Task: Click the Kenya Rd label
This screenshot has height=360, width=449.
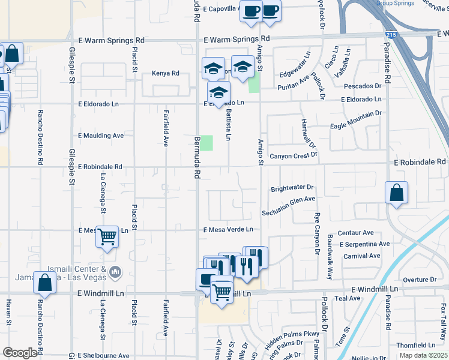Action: click(x=167, y=73)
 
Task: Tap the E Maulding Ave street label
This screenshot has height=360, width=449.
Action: click(x=100, y=136)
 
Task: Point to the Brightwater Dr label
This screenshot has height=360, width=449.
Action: click(x=292, y=187)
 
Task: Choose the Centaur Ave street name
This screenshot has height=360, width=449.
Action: click(x=356, y=233)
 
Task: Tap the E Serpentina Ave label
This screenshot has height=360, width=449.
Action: click(x=364, y=244)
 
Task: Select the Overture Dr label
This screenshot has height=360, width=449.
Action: click(x=420, y=280)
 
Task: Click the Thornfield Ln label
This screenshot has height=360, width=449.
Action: click(x=415, y=346)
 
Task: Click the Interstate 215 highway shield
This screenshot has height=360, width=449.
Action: click(x=391, y=37)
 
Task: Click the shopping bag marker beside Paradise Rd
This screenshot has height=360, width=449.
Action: click(x=396, y=193)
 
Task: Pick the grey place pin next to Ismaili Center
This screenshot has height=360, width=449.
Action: click(x=115, y=273)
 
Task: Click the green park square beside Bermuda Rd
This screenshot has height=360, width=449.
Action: click(x=206, y=143)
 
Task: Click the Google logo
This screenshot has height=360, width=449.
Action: click(x=20, y=353)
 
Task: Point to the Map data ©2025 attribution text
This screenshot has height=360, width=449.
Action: click(x=423, y=356)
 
